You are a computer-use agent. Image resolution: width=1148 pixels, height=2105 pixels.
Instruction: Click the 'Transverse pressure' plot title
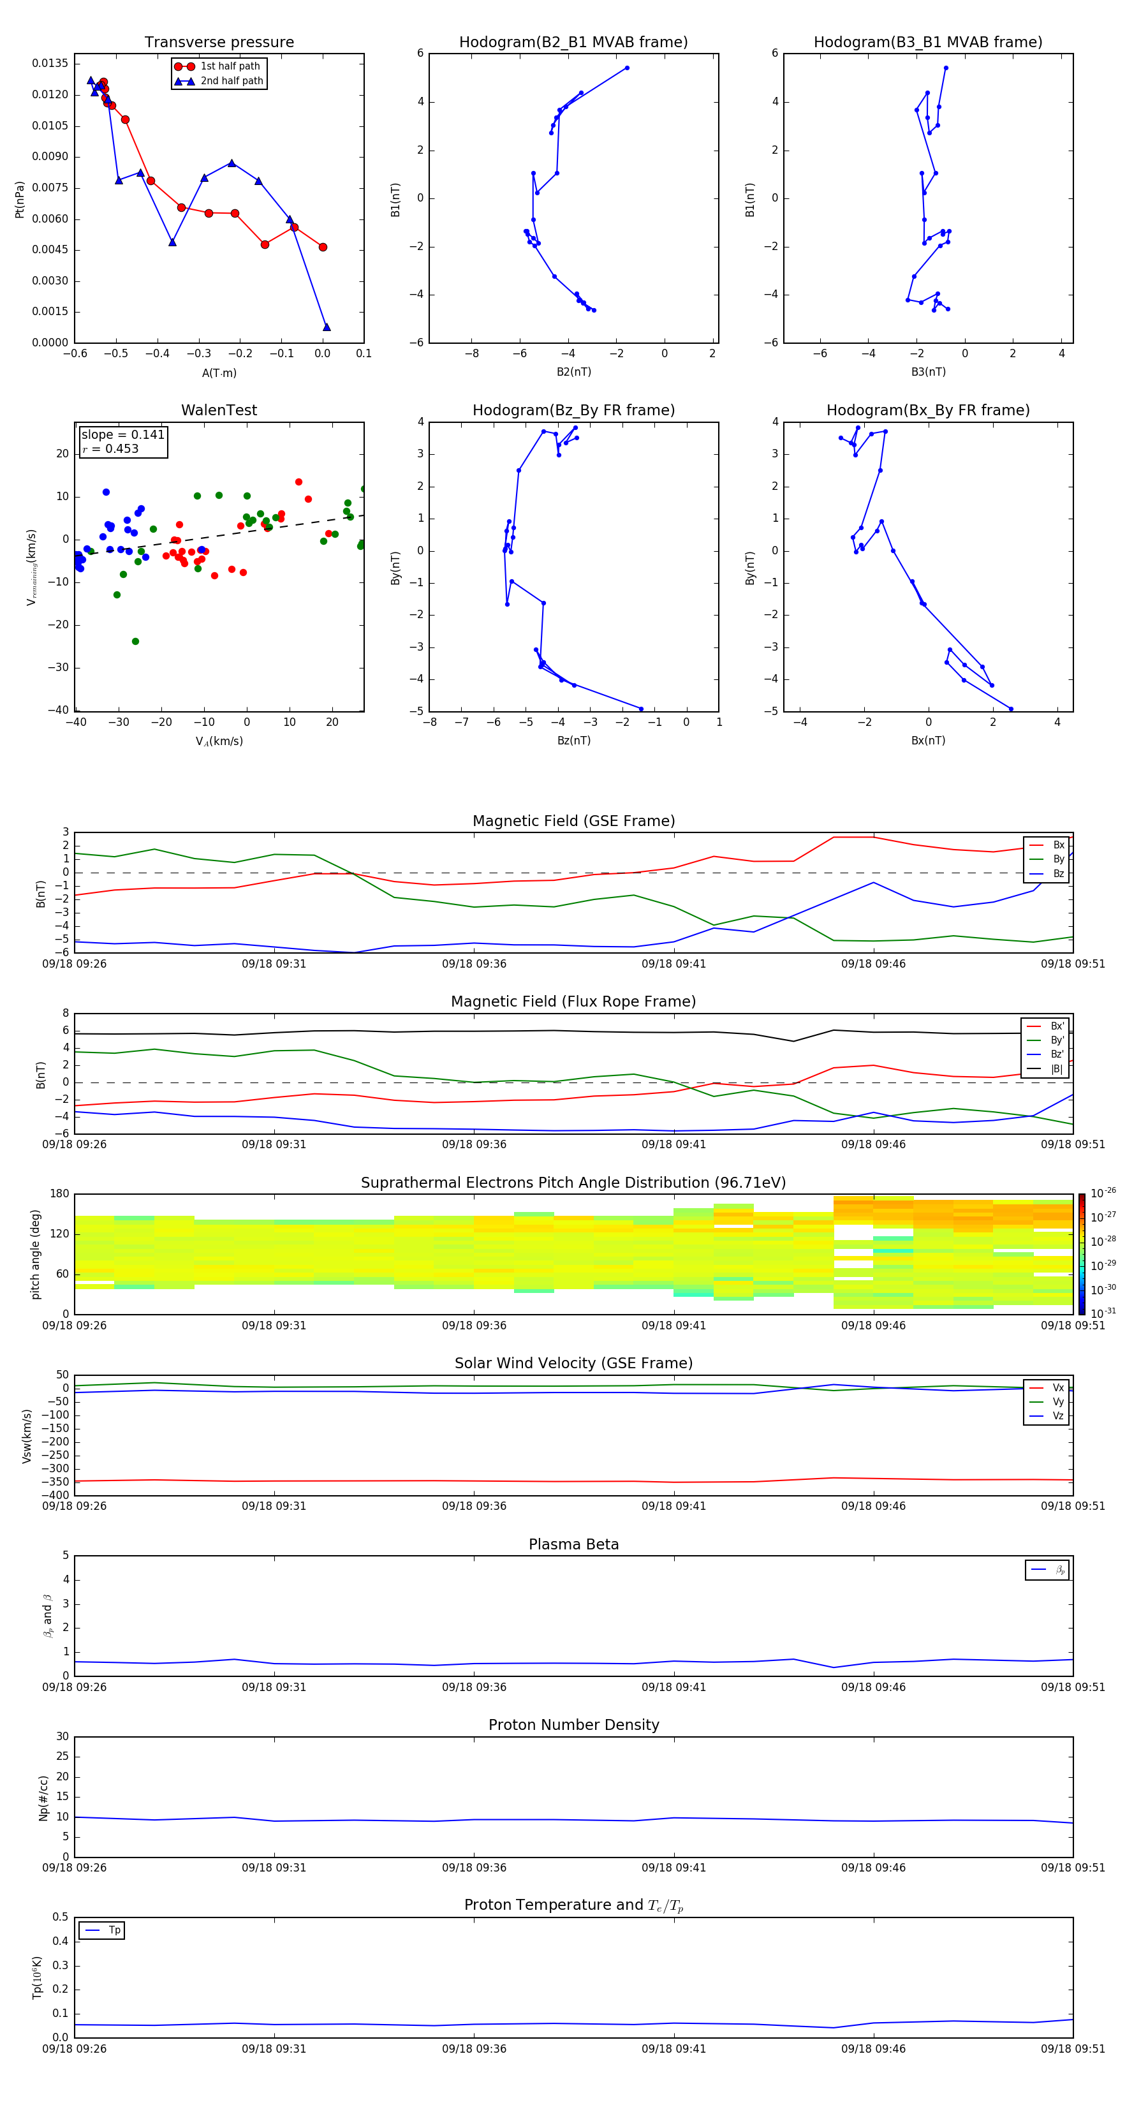tap(219, 43)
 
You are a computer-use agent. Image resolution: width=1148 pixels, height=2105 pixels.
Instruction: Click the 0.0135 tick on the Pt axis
tap(50, 64)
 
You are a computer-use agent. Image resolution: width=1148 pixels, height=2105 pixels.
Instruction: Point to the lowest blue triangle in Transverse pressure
tap(327, 327)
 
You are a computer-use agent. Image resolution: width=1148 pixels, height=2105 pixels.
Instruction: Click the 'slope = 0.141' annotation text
tap(122, 435)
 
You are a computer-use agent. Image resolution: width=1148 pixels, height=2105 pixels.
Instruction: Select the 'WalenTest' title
tap(219, 410)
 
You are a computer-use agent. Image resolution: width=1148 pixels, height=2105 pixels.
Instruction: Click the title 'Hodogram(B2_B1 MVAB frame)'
tap(573, 43)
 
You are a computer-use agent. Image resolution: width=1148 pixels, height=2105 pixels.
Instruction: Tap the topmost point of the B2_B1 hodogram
tap(627, 68)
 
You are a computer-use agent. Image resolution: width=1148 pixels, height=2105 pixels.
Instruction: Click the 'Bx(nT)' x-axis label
tap(927, 741)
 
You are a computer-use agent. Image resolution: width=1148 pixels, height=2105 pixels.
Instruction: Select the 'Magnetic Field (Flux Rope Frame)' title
tap(573, 1002)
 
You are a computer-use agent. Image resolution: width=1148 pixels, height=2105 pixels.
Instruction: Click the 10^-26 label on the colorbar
tap(1103, 1193)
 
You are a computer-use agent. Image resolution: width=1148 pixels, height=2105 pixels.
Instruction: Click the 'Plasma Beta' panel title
tap(573, 1544)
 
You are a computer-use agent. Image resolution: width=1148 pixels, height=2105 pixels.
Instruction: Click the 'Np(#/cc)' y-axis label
tap(44, 1798)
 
